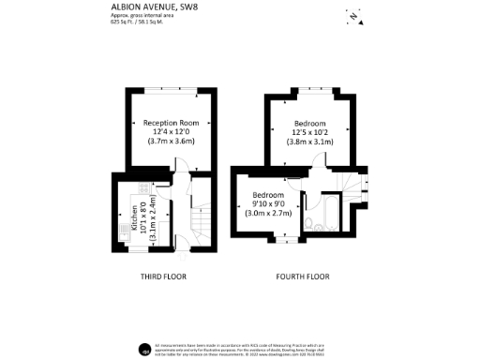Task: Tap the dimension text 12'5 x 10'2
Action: pos(310,134)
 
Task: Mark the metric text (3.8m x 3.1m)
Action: pos(310,143)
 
